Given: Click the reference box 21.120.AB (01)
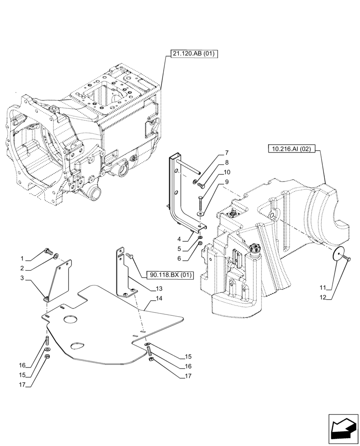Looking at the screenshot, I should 193,54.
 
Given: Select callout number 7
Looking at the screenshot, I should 227,153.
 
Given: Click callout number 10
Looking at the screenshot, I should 227,172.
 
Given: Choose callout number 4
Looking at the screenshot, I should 178,239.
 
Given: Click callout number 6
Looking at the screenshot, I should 178,259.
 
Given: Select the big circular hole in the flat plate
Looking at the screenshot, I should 70,319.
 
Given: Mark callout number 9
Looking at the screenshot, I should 227,182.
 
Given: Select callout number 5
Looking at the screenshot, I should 178,249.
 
